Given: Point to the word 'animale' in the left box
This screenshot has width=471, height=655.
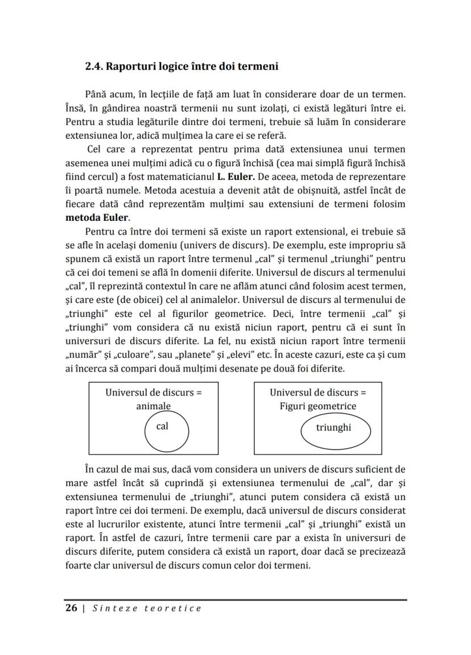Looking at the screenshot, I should click(x=153, y=406).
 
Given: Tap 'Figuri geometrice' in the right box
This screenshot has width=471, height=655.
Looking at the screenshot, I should click(x=317, y=406).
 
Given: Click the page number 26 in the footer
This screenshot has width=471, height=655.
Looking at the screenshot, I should click(x=71, y=608).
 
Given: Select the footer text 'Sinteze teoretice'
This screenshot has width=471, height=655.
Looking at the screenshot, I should click(x=147, y=608).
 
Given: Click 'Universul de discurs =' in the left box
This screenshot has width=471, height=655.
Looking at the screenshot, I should click(x=154, y=393).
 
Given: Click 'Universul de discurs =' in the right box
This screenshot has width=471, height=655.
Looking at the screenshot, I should click(x=317, y=393).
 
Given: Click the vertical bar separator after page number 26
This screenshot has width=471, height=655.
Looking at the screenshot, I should click(x=84, y=608).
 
